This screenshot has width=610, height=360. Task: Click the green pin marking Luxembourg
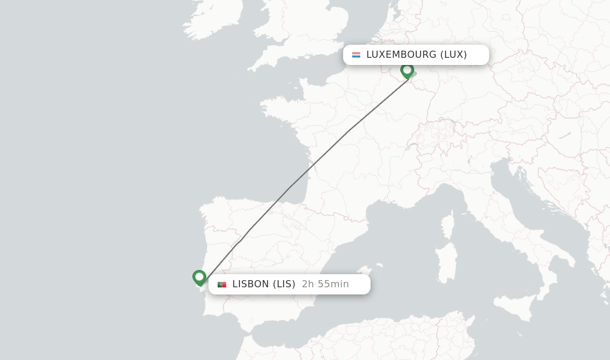click(x=407, y=70)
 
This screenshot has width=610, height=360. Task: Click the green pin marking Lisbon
click(x=199, y=277)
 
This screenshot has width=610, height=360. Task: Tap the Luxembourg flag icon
click(x=356, y=55)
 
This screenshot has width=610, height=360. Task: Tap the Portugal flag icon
click(x=222, y=284)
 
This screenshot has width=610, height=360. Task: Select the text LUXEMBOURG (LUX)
click(x=416, y=55)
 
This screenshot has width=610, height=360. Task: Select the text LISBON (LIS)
click(x=264, y=284)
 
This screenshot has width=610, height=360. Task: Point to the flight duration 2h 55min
click(x=325, y=284)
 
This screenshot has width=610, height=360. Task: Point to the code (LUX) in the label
click(x=453, y=55)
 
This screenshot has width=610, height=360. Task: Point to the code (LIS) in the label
click(x=284, y=284)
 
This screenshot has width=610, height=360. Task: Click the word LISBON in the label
click(x=251, y=284)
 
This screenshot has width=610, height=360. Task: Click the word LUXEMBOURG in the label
click(x=402, y=55)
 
